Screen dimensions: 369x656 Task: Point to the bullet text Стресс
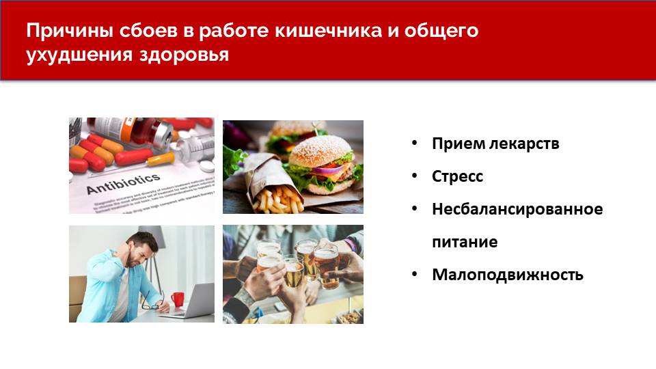click(457, 176)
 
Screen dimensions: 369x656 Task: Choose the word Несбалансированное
click(517, 209)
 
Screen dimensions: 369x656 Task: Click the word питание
click(465, 242)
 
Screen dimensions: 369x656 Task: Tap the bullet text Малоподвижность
click(508, 275)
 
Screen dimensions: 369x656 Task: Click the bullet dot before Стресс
click(414, 176)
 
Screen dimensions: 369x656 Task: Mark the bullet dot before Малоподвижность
click(414, 275)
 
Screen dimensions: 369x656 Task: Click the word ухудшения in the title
click(75, 55)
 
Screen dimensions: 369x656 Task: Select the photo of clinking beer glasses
click(293, 274)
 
